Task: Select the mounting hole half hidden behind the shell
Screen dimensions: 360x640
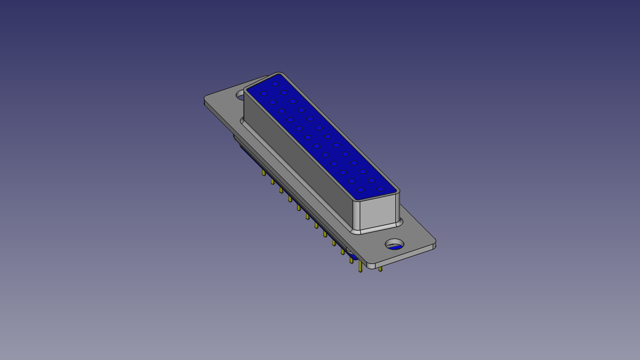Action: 240,95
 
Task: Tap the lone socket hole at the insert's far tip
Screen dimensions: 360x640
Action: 275,84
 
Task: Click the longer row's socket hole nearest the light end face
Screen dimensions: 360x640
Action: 380,189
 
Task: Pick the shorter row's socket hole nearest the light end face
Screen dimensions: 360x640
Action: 360,190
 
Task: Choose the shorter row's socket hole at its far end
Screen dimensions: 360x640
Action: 264,94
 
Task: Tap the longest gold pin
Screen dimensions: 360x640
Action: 360,266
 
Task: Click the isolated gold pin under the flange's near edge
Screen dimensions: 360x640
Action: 380,269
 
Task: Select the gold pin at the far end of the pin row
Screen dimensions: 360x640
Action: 263,172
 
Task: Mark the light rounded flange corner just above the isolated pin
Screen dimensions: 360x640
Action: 371,266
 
